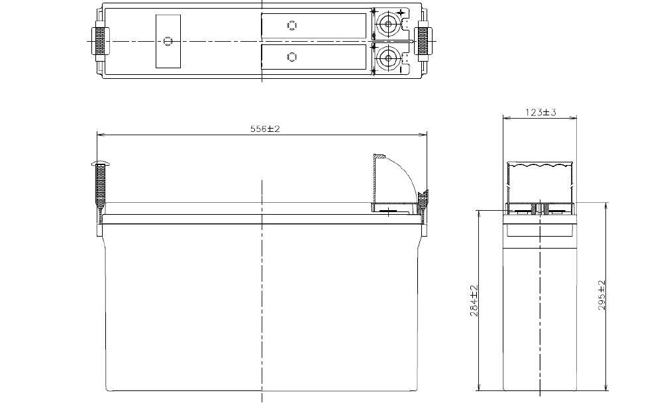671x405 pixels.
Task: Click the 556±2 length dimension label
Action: tap(265, 129)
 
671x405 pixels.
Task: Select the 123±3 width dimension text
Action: tap(541, 113)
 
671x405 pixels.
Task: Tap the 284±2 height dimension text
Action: tap(474, 300)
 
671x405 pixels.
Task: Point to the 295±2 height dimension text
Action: tap(601, 296)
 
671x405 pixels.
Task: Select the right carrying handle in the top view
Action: tap(421, 40)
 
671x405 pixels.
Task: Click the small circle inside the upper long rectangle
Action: tap(292, 25)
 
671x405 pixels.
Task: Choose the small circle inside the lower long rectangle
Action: tap(291, 57)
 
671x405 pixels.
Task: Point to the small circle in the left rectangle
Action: tap(168, 41)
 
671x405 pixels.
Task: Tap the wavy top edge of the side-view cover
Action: tap(539, 164)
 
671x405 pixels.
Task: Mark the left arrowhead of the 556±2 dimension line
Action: tap(100, 135)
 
